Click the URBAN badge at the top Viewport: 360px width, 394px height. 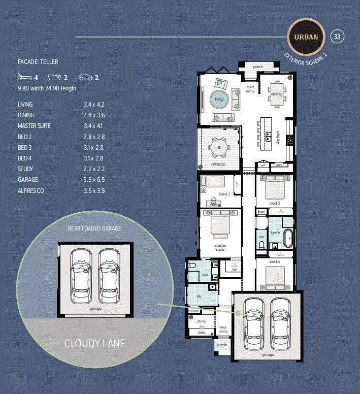[x=306, y=37]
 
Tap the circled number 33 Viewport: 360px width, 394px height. [x=338, y=37]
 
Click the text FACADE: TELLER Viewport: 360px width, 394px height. [x=38, y=62]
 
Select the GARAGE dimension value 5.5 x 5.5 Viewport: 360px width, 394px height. [x=93, y=180]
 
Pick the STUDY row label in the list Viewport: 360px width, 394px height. [x=25, y=169]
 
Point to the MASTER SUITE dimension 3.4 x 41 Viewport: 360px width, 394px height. [x=93, y=126]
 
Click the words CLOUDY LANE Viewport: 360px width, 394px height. [x=94, y=344]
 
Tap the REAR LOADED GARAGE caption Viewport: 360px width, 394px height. [x=94, y=228]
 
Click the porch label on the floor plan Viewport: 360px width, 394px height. [x=258, y=67]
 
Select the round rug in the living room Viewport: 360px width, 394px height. [x=219, y=99]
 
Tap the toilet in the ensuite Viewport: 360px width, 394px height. [x=192, y=266]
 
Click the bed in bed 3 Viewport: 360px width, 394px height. [x=275, y=188]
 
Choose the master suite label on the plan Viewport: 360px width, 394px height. [x=220, y=248]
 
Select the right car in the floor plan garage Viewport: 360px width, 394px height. [x=281, y=325]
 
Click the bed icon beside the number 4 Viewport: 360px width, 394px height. [x=24, y=77]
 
